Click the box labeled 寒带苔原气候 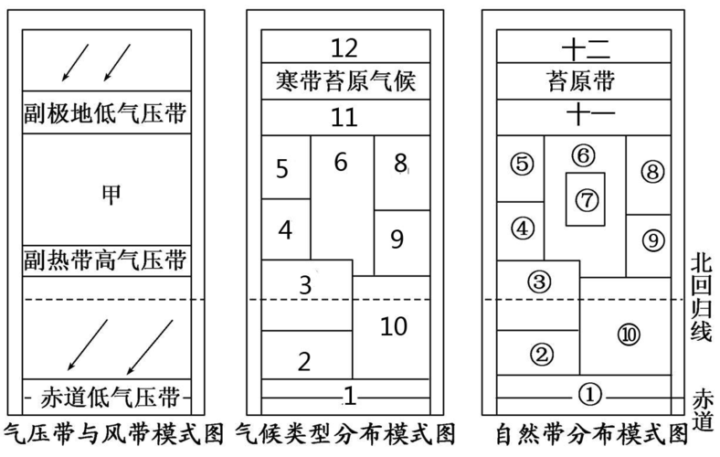pos(345,82)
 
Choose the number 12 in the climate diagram pos(345,48)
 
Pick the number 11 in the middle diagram pos(345,118)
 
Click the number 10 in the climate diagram pos(393,325)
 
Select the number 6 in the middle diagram pos(341,162)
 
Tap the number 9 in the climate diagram pos(397,239)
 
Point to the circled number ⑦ pos(585,198)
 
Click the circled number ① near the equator pos(590,394)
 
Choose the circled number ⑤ pos(521,165)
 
